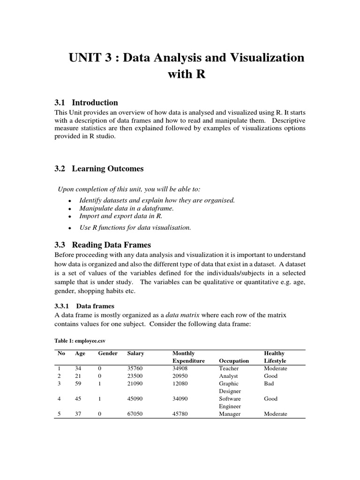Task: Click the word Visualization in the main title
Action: click(260, 58)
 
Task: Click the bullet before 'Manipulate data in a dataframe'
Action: click(69, 209)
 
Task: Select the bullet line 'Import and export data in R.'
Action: click(120, 216)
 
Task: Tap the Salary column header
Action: click(135, 353)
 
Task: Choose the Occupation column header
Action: click(234, 361)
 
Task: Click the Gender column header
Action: click(107, 353)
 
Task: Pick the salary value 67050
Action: click(135, 414)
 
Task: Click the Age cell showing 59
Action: click(78, 383)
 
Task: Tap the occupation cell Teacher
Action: click(229, 368)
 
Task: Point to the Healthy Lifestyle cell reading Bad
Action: click(269, 383)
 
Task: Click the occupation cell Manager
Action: click(230, 414)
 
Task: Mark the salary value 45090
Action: click(135, 399)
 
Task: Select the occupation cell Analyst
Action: click(228, 376)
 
